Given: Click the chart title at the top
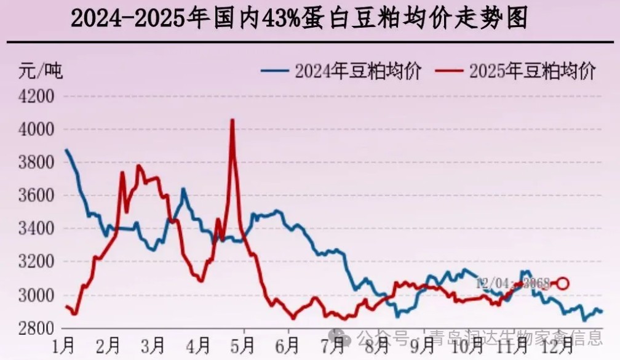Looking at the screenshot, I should (300, 18).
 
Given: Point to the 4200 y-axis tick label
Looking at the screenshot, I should (37, 97).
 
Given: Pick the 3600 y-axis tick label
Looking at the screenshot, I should (37, 196).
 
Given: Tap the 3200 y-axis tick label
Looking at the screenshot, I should (37, 263).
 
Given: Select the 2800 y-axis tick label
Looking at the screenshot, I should (37, 329).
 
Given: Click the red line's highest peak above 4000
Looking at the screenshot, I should (232, 120).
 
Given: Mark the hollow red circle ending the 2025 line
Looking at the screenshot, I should (562, 283).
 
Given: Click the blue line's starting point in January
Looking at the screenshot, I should (66, 150).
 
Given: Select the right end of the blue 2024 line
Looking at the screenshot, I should (601, 312).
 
